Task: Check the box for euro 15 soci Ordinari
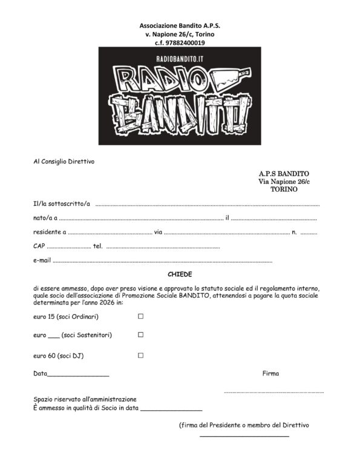click(x=141, y=317)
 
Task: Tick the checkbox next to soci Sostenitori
click(x=141, y=335)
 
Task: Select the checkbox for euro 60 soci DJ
click(x=141, y=356)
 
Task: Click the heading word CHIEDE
click(x=180, y=274)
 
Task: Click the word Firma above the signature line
click(x=270, y=373)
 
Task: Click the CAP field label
click(x=39, y=246)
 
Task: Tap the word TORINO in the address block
click(x=284, y=189)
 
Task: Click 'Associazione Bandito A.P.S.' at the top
click(x=180, y=27)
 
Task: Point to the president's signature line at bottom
click(x=244, y=436)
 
